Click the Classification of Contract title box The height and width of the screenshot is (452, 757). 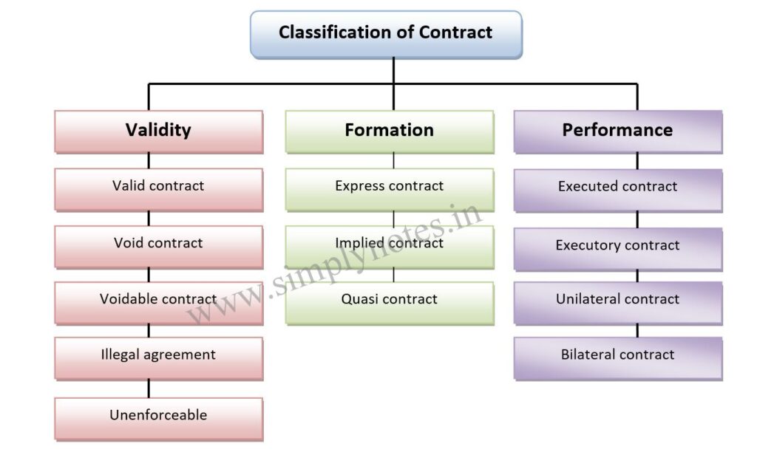click(x=385, y=34)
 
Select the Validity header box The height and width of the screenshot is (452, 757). click(x=158, y=131)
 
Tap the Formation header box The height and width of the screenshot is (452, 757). click(x=390, y=131)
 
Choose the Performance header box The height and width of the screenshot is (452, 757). click(x=617, y=131)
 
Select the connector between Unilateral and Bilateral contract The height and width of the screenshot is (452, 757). click(x=637, y=331)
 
